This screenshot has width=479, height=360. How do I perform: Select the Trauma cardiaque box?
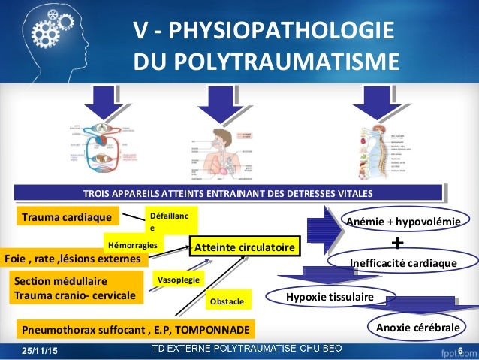click(x=68, y=218)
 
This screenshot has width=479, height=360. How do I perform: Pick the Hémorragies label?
click(x=133, y=244)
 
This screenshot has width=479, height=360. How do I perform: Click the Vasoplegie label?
click(x=177, y=279)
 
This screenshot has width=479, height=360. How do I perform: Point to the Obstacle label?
click(x=226, y=301)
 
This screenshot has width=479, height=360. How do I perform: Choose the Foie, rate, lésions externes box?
click(x=73, y=259)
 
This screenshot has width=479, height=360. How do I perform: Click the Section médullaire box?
click(x=77, y=289)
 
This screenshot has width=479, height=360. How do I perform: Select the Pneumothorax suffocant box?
click(x=136, y=329)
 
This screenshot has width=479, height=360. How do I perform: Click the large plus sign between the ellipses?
click(x=398, y=244)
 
